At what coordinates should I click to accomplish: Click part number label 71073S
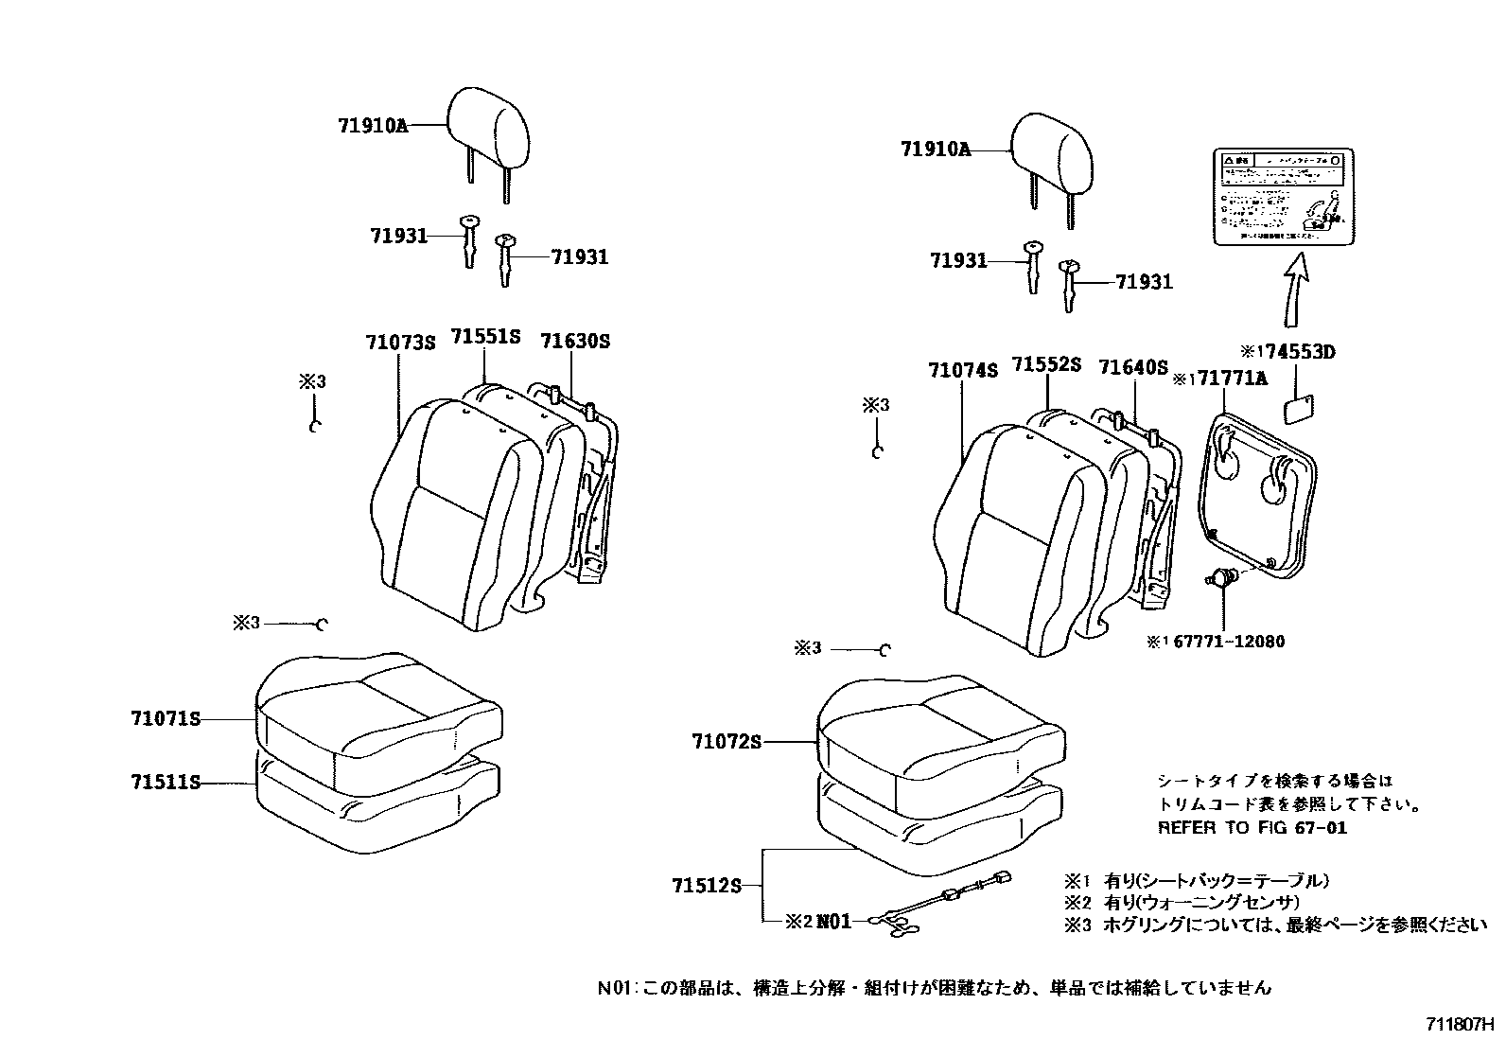coord(400,342)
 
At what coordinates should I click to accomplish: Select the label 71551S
coord(485,337)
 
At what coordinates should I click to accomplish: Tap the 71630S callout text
coord(575,341)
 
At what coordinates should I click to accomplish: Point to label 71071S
coord(166,719)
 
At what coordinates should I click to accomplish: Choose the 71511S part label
coord(166,783)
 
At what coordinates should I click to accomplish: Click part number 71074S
coord(963,371)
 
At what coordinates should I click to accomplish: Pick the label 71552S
coord(1046,364)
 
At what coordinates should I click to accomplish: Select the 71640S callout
coord(1133,367)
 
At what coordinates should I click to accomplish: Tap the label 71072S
coord(726,743)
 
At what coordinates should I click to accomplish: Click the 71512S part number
coord(706,886)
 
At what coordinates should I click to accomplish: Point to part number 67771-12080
coord(1229,642)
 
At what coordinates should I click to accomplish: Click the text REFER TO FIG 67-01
coord(1252,828)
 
